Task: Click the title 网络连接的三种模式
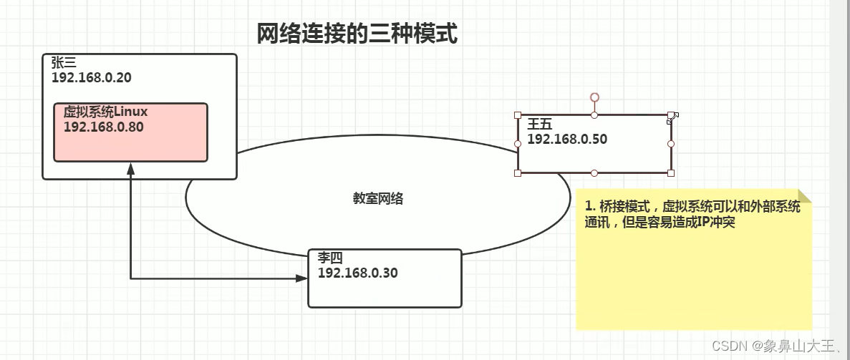tap(357, 34)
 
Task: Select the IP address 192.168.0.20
tap(91, 77)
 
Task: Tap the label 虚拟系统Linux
tap(105, 112)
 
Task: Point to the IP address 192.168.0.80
tap(103, 127)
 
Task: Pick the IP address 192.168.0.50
tap(566, 140)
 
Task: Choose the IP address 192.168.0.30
tap(357, 273)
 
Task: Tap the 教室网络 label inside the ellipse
tap(378, 199)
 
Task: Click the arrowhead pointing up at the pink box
tap(130, 168)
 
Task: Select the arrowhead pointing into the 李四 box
tap(301, 278)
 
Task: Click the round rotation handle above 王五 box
tap(594, 97)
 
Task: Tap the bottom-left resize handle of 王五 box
tap(517, 172)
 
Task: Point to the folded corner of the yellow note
tap(804, 196)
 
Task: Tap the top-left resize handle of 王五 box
tap(517, 115)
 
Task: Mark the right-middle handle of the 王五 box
tap(671, 144)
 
